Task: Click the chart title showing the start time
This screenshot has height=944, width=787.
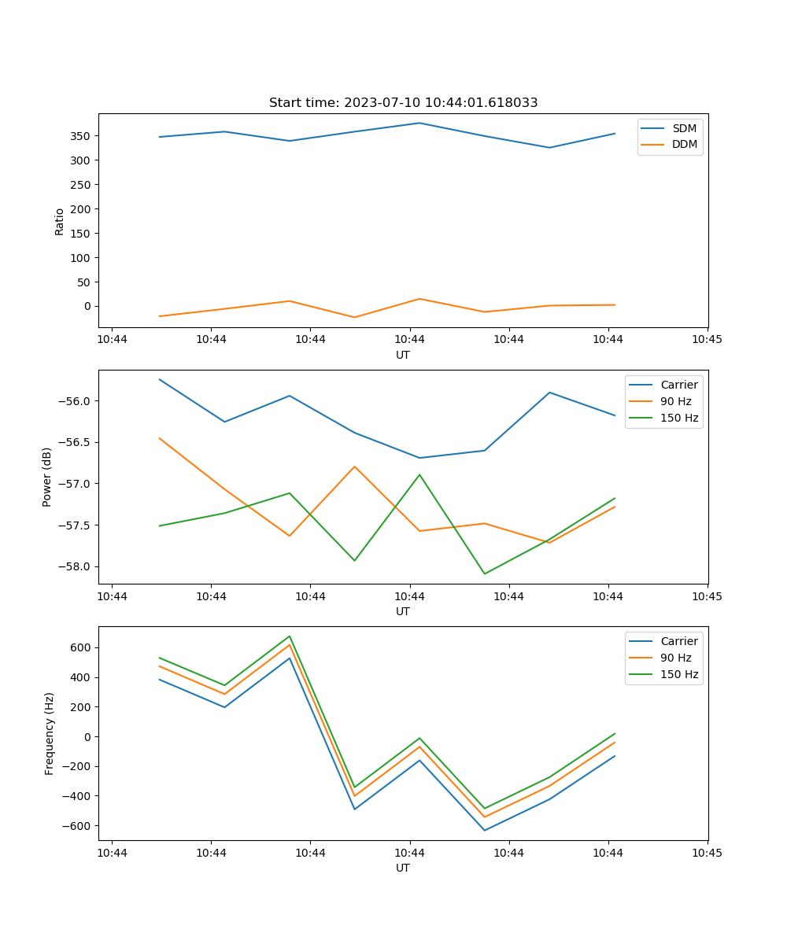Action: (x=403, y=103)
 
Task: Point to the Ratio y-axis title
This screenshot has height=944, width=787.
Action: (x=60, y=221)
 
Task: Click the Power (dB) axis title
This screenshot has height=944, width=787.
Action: (x=47, y=477)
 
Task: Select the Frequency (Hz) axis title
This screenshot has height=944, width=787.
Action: (x=50, y=733)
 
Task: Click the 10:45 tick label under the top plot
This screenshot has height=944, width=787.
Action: (x=707, y=339)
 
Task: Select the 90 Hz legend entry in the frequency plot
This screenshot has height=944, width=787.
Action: (x=676, y=658)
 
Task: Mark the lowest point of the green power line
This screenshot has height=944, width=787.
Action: (x=485, y=573)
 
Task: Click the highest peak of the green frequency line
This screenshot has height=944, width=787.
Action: (x=290, y=636)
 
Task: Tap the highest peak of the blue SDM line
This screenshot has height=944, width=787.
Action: (x=419, y=123)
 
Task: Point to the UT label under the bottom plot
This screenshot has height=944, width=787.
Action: (x=403, y=868)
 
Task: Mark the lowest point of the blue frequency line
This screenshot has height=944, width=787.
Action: (x=485, y=830)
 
